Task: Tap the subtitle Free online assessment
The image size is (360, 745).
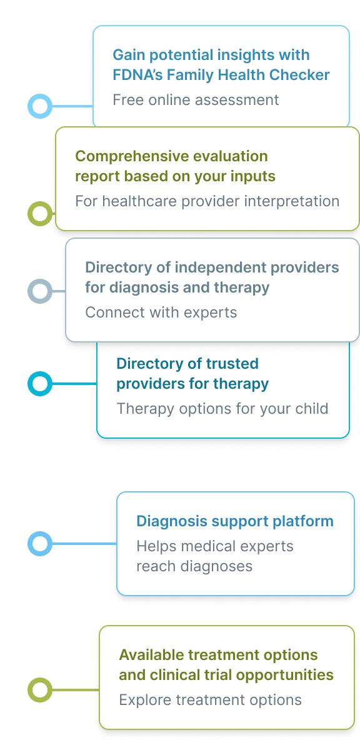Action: point(196,100)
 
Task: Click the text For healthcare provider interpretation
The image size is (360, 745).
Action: point(207,201)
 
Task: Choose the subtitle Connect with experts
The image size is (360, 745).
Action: point(161,312)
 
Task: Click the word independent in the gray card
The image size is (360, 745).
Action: point(221,267)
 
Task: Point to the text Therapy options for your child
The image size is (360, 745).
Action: point(222,409)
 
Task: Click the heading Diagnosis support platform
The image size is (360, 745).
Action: point(235,521)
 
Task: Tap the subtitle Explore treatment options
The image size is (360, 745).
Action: point(211,700)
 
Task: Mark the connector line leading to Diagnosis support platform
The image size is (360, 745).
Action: point(84,544)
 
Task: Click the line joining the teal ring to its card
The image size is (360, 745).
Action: point(74,383)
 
